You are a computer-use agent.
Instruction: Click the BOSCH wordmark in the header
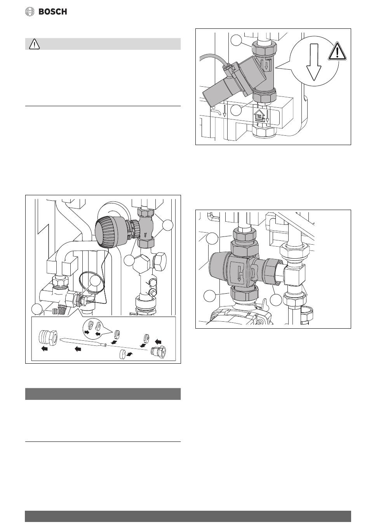click(x=52, y=12)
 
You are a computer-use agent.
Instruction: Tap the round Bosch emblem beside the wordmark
click(x=30, y=12)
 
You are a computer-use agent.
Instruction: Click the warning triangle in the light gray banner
click(x=35, y=44)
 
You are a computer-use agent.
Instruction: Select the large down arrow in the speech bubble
click(x=314, y=61)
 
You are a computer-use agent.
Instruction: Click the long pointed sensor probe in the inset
click(x=84, y=342)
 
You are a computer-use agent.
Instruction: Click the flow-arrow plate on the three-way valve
click(x=240, y=271)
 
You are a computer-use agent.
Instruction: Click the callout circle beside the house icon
click(x=236, y=110)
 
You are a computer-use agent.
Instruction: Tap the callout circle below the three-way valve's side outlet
click(x=276, y=300)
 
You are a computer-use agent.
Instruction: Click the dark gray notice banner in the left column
click(x=103, y=394)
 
